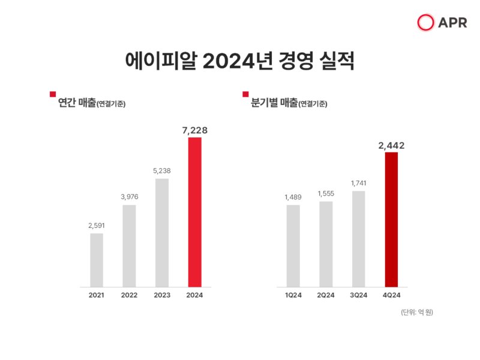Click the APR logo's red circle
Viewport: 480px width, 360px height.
click(425, 23)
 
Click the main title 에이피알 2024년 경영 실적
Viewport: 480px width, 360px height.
click(239, 62)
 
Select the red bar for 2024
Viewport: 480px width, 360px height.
click(194, 212)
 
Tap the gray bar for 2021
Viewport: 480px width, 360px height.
click(97, 260)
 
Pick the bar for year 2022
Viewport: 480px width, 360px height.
click(129, 245)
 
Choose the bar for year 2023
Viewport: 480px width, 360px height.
click(162, 232)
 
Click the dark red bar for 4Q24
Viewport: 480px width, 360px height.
click(391, 219)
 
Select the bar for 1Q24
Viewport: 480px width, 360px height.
click(293, 245)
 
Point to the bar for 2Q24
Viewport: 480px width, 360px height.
click(326, 244)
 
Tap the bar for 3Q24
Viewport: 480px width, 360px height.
click(358, 238)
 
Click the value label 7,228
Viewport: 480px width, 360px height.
click(194, 130)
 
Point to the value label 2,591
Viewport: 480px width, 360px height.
click(97, 226)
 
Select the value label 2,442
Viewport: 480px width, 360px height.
click(391, 145)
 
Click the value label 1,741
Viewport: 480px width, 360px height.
click(358, 183)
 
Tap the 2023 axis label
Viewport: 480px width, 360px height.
click(162, 295)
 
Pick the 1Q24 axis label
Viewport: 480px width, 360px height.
click(293, 295)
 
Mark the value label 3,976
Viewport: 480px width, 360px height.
click(129, 197)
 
